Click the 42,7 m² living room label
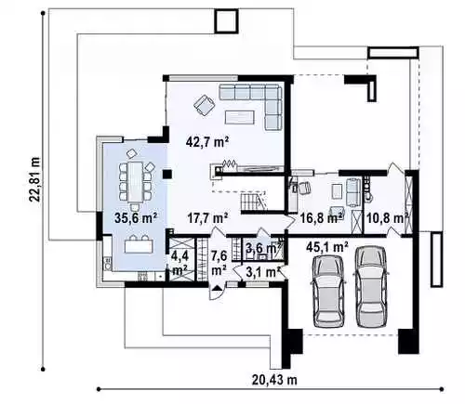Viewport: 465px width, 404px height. click(x=207, y=143)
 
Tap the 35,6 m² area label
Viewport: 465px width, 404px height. click(x=135, y=217)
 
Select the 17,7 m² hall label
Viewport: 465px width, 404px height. click(x=208, y=217)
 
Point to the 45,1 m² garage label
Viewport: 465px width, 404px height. click(x=326, y=247)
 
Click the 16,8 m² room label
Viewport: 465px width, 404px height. click(x=323, y=218)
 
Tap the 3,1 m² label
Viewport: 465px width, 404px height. click(x=263, y=272)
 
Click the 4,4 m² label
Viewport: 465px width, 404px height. click(x=179, y=264)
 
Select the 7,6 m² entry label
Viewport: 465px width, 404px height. click(x=219, y=264)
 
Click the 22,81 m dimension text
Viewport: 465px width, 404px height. click(x=34, y=179)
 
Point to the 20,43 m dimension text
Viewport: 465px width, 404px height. click(x=274, y=380)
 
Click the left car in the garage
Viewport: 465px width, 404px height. click(x=329, y=292)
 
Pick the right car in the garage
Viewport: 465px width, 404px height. click(x=371, y=287)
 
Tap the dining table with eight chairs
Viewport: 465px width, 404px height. click(x=135, y=181)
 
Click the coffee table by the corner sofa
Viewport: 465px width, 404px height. click(x=240, y=117)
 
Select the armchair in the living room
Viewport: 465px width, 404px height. click(x=204, y=105)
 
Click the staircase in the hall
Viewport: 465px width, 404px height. click(x=253, y=201)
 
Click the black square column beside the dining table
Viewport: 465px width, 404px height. click(x=167, y=175)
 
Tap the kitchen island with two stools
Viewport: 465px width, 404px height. click(x=139, y=244)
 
